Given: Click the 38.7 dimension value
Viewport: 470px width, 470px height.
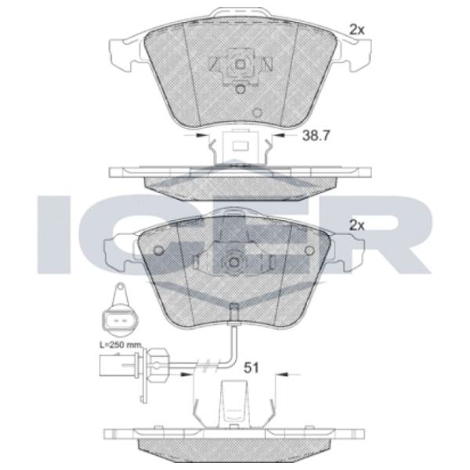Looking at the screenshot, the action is coord(316,136).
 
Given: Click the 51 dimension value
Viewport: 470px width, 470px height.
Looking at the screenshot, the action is coord(251,368).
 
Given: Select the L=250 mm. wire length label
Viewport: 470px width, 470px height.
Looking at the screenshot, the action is coord(120,345).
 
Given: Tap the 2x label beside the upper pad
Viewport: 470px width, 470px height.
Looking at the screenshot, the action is coord(357,30).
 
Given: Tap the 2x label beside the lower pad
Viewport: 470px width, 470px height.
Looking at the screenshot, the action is coord(357,226).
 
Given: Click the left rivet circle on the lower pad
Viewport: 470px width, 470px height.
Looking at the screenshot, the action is coord(158,250).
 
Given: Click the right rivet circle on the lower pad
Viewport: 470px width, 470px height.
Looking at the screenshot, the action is coord(309,250).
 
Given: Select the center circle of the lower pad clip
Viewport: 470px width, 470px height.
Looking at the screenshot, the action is coord(233,262).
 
